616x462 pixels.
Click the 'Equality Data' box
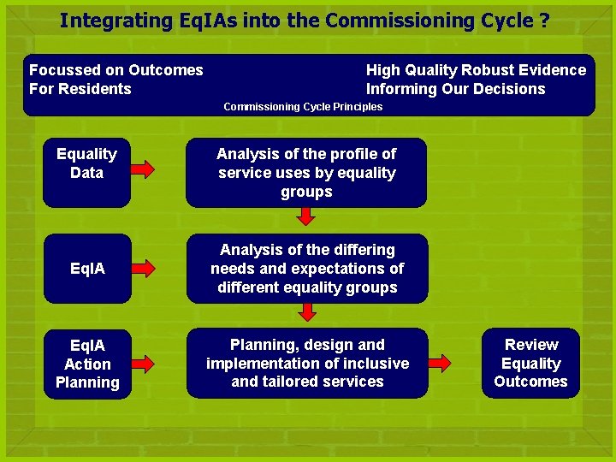coord(86,173)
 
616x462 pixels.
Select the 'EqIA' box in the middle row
coord(87,269)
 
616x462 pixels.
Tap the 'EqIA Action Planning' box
coord(87,364)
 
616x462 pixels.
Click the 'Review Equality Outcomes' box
coord(530,363)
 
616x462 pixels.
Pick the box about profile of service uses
coord(306,173)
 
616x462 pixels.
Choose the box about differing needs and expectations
coord(307,269)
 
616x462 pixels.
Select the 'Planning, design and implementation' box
coord(307,363)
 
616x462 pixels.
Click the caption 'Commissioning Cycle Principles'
coord(303,107)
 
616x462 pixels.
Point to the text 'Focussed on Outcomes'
coord(116,70)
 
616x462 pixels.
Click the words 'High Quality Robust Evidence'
coord(476,70)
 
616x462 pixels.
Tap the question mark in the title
coord(545,21)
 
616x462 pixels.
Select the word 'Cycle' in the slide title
coord(506,21)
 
